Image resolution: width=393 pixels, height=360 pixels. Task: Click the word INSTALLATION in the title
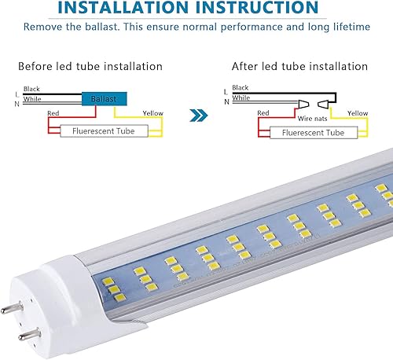click(x=127, y=9)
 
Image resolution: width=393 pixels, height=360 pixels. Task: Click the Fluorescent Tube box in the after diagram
click(x=309, y=133)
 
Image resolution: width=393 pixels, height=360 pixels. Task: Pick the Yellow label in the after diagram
click(x=358, y=114)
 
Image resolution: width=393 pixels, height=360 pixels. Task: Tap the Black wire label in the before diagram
click(x=32, y=89)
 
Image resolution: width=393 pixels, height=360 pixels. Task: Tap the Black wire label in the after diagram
click(x=240, y=89)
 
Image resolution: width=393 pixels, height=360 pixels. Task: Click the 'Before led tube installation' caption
click(x=90, y=66)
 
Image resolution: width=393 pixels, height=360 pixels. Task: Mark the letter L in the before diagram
click(x=17, y=94)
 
